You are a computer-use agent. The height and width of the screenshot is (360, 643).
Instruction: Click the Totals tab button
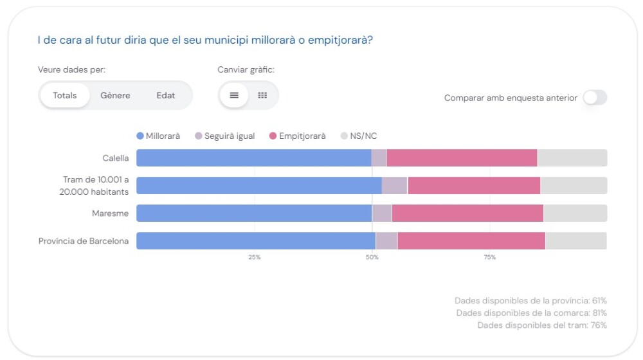(65, 95)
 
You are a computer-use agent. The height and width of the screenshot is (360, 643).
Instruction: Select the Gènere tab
(115, 95)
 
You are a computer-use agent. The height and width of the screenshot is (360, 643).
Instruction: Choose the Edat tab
(165, 95)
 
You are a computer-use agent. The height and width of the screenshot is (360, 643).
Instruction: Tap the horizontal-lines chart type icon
(234, 95)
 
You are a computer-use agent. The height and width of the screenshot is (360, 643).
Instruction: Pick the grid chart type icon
(262, 95)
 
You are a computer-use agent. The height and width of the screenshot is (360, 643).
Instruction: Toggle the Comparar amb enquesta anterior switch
(595, 98)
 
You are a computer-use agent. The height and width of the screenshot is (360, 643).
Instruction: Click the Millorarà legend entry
(158, 136)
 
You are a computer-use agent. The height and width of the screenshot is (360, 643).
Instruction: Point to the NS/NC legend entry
(363, 136)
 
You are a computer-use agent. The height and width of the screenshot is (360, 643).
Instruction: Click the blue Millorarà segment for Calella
(253, 158)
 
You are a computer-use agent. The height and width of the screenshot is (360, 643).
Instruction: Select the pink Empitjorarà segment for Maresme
(467, 213)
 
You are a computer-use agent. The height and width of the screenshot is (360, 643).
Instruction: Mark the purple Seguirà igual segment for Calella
(379, 158)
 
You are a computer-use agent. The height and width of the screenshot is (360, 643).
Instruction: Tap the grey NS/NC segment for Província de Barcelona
(575, 241)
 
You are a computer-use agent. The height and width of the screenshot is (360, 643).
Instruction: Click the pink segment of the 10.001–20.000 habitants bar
(473, 186)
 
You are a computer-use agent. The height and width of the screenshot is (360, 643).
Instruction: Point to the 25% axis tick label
(255, 257)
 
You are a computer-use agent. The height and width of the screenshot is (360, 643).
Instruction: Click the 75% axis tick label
(489, 257)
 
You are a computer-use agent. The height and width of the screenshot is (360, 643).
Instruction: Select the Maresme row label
(110, 213)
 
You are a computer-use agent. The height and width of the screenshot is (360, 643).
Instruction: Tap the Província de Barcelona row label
(84, 241)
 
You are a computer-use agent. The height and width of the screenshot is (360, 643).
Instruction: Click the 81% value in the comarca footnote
(599, 313)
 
